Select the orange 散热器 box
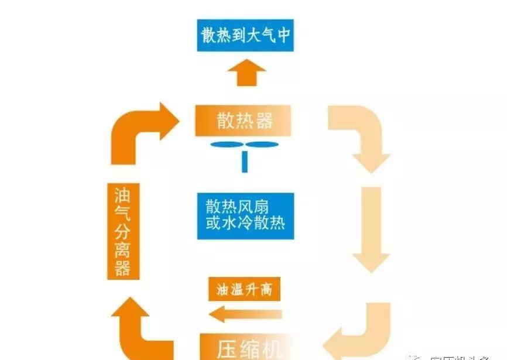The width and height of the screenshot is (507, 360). point(244,121)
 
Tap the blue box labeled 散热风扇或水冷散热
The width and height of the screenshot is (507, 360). point(245,215)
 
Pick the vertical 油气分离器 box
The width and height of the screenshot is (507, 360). point(123,232)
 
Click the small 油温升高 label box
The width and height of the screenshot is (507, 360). point(245,290)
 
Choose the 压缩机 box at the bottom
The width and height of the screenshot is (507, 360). point(245,346)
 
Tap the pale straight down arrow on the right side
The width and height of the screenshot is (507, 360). point(371,228)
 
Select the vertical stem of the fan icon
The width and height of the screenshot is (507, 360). point(244,162)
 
